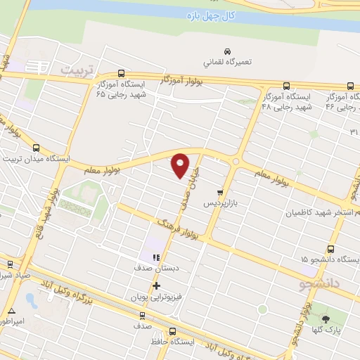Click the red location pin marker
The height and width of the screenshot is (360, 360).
(181, 164)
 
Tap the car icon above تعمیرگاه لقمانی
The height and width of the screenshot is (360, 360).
(227, 51)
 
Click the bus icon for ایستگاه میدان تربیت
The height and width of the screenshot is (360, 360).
(37, 148)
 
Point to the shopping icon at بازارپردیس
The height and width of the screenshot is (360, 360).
(220, 192)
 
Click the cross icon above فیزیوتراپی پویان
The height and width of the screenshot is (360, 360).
(155, 285)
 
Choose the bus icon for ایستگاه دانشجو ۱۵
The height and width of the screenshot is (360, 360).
(331, 249)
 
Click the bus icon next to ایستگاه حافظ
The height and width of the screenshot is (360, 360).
(172, 332)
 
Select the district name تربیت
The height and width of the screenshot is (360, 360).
(77, 70)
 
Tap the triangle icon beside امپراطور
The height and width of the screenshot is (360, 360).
(11, 310)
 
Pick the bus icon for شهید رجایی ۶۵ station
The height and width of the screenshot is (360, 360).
(122, 73)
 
